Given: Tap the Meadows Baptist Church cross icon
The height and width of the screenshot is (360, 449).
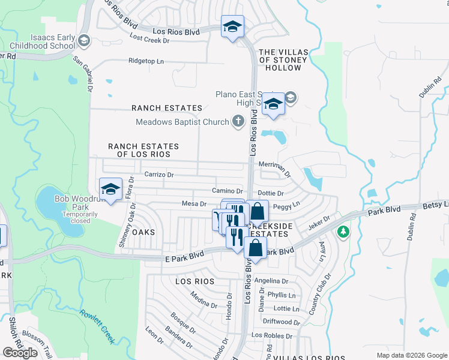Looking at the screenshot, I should (238, 122).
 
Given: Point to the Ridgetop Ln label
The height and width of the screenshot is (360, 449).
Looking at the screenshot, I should (146, 61).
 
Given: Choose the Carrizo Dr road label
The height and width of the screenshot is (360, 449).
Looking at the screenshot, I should (158, 175).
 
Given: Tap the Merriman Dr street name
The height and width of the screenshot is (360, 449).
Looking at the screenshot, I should (274, 169).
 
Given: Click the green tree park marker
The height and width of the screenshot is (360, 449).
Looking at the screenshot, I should (343, 232).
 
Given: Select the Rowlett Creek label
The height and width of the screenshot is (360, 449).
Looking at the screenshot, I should (97, 326).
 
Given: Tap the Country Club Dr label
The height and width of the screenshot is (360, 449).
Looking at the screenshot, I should (320, 295).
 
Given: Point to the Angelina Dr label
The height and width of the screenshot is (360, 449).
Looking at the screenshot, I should (271, 281).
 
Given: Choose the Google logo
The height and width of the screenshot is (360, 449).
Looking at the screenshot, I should (20, 353).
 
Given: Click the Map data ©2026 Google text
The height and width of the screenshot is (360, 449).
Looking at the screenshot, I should (411, 355).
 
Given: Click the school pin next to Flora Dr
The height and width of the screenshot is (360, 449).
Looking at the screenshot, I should (110, 190).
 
